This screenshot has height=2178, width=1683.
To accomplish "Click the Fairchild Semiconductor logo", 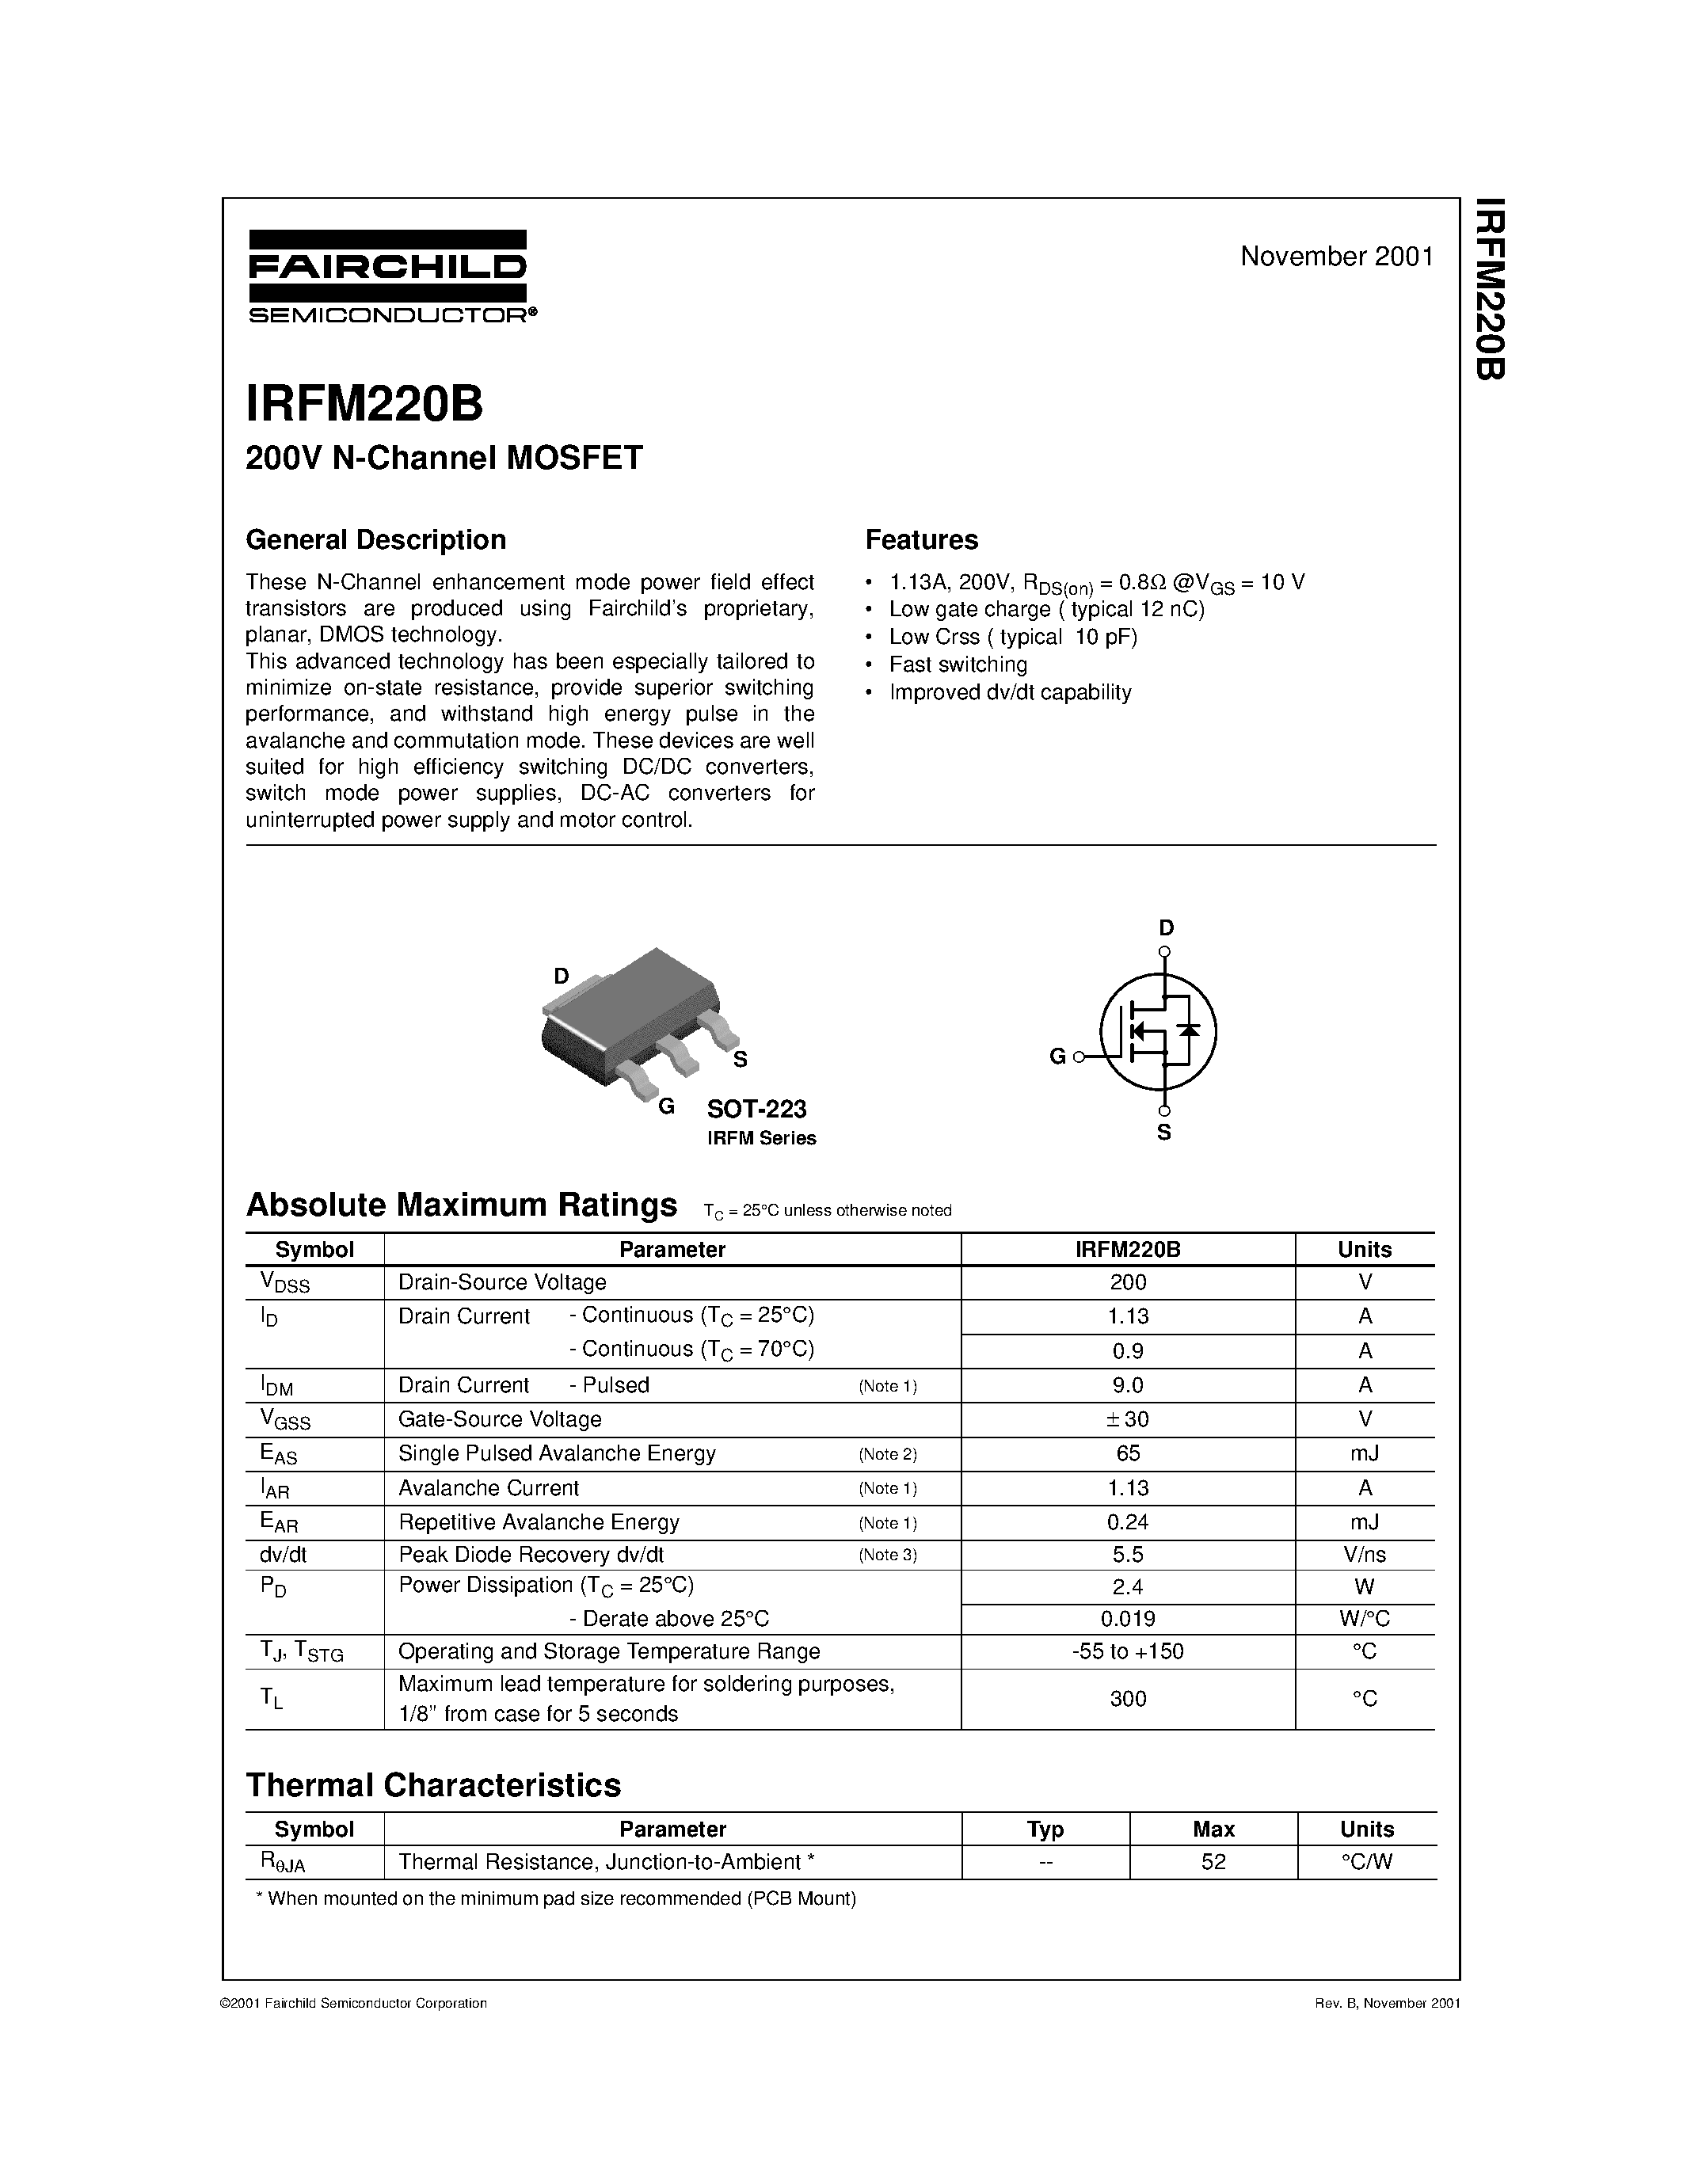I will click(389, 276).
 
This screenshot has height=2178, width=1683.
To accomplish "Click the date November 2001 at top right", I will click(1336, 257).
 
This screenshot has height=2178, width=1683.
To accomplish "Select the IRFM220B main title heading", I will click(365, 405).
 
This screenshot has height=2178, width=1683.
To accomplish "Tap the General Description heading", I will click(376, 539).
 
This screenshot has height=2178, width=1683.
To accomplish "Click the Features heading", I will click(921, 539).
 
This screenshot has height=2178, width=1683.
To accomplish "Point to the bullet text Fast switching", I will click(958, 664).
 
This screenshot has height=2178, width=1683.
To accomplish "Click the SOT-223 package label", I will click(756, 1109).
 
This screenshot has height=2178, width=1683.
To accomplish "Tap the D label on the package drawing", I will click(562, 977).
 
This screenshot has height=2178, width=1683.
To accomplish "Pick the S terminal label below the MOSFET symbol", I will click(1163, 1133).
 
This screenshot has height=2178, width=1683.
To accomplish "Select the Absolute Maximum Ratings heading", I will click(462, 1205).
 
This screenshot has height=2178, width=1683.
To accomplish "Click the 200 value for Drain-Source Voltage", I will click(1128, 1282).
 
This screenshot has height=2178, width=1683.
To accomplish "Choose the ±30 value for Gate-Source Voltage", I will click(1128, 1419).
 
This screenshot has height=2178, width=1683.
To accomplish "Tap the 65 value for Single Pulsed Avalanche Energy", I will click(1128, 1453).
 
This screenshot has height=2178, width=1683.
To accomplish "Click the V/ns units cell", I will click(1364, 1555).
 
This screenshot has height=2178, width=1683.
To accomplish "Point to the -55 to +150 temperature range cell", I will click(1128, 1651).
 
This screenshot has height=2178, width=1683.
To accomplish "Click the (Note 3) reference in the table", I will click(887, 1555).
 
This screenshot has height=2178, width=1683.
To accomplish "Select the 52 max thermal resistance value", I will click(1213, 1862).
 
